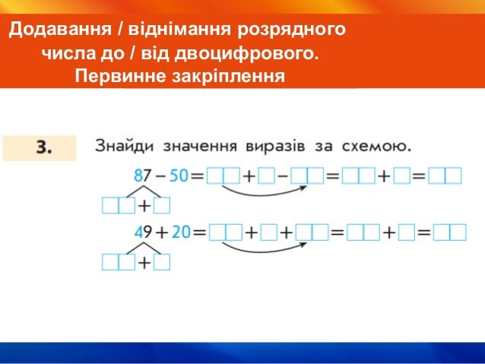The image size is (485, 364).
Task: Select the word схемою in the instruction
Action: [378, 145]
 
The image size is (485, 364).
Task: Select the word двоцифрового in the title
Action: [250, 54]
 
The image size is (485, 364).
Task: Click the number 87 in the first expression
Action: [143, 176]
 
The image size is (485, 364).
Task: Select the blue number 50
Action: [178, 176]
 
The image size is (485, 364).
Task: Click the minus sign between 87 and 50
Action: [160, 176]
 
